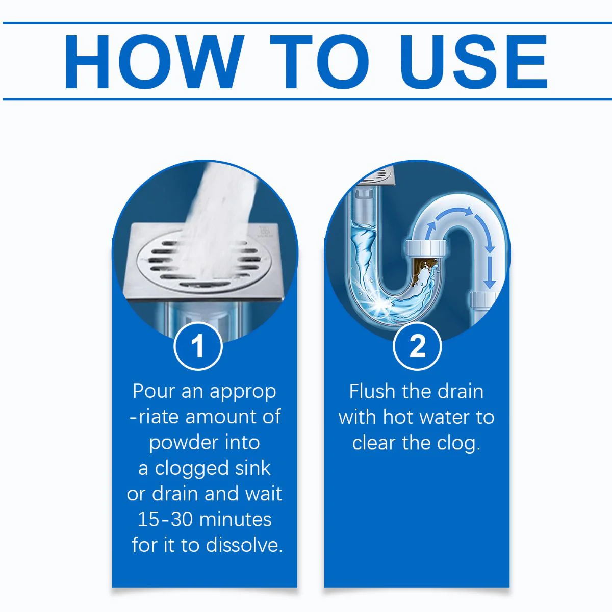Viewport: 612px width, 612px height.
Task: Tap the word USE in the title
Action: tap(473, 62)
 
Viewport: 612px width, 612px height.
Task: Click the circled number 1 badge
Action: tap(198, 346)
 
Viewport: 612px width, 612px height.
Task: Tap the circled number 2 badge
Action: tap(417, 346)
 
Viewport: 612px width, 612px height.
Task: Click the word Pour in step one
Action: tap(154, 391)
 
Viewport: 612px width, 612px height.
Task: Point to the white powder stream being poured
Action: tap(219, 222)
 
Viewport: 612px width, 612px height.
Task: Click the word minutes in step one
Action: tap(236, 520)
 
